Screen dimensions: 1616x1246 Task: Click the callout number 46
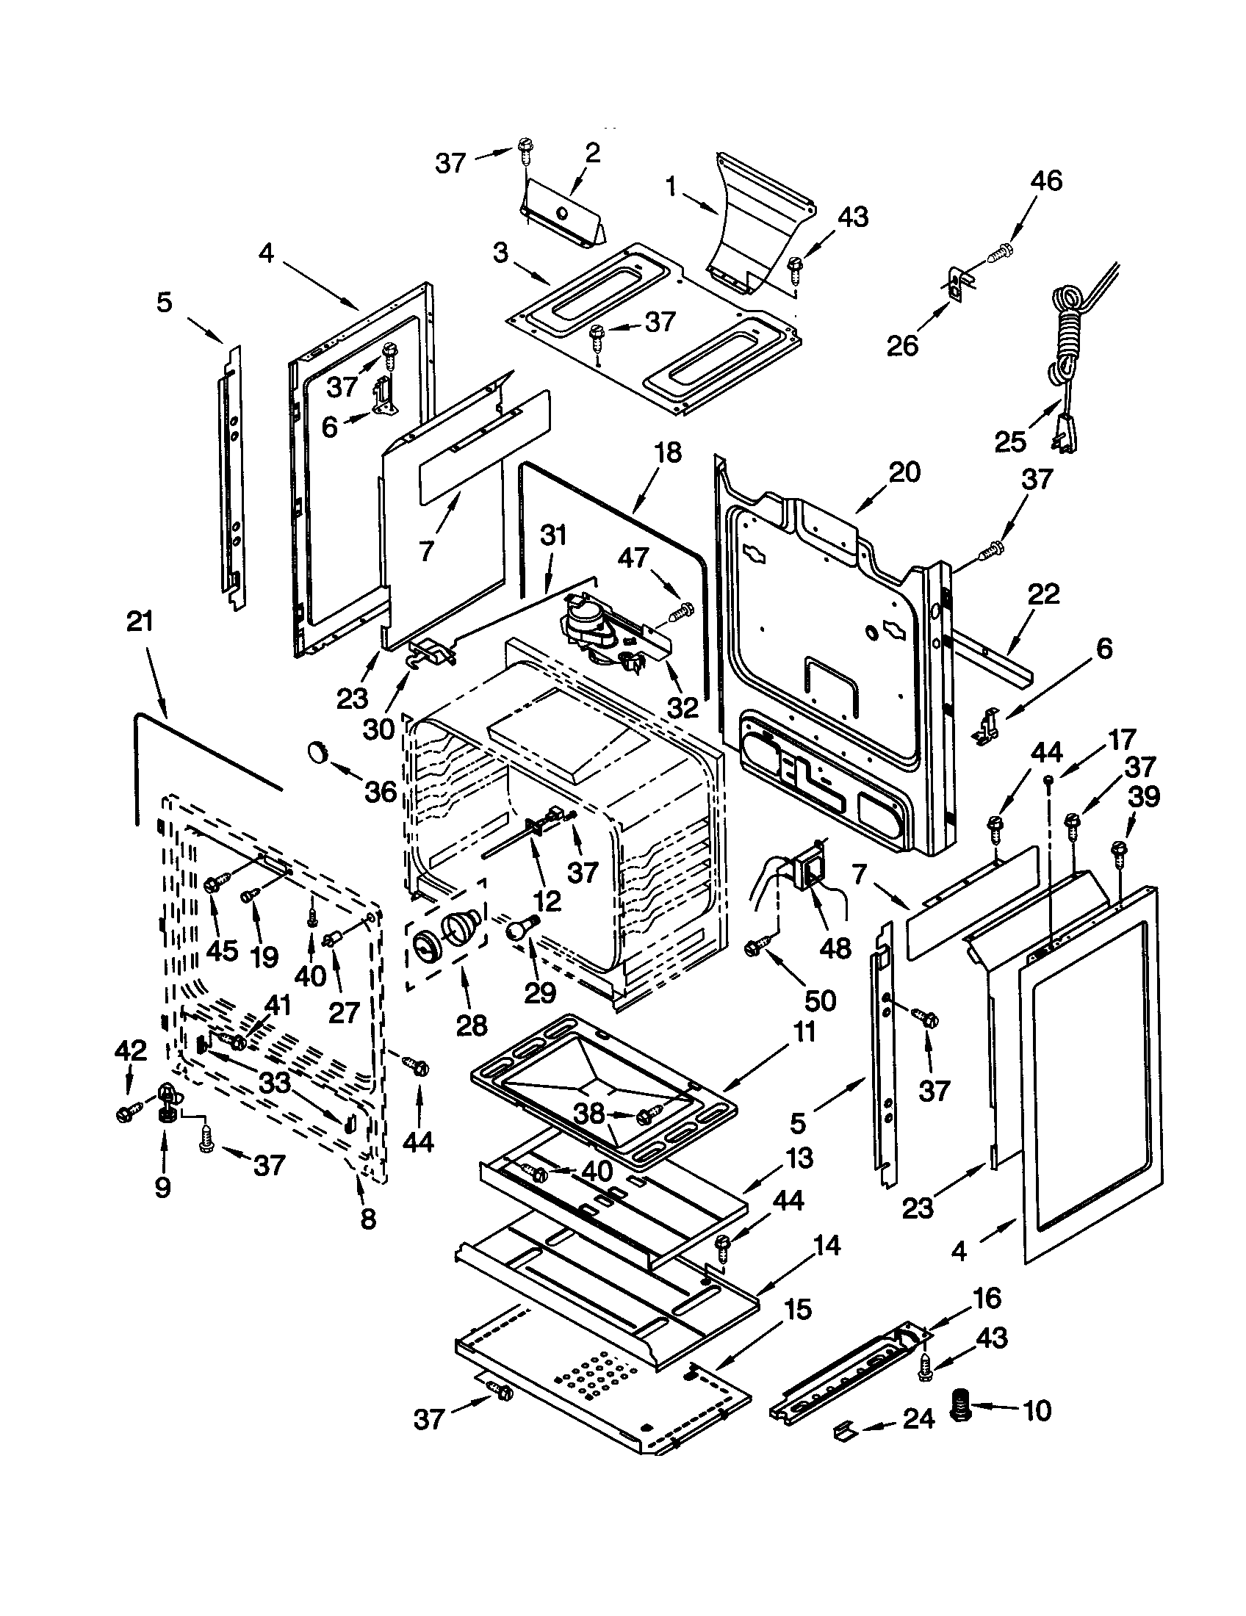coord(1045,181)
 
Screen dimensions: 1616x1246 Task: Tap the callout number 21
coord(140,621)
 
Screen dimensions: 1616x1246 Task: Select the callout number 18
coord(667,452)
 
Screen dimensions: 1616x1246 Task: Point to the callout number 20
coord(904,472)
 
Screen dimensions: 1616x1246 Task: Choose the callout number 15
coord(796,1310)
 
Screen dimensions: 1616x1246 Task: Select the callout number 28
coord(472,1025)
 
